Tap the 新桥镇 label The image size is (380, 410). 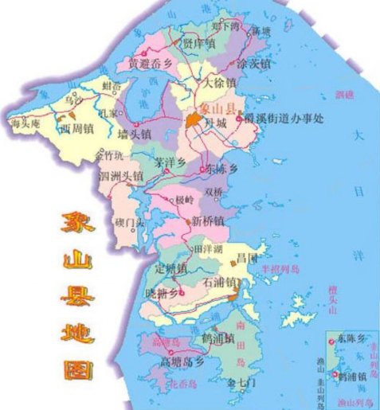(x=209, y=221)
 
